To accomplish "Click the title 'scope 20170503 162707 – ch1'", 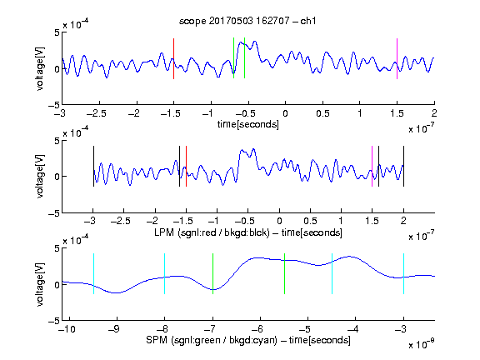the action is pos(247,21).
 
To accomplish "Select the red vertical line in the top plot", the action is pos(173,59).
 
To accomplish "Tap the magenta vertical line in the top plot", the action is pos(397,59).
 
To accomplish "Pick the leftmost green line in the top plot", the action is pos(233,57).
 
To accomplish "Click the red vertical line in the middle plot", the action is pos(186,166).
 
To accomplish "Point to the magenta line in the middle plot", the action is pos(372,166).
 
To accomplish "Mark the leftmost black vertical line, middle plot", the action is pos(93,166).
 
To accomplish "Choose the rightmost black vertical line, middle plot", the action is pos(403,166).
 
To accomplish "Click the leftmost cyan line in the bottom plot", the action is pos(93,273).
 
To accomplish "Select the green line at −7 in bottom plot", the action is pos(212,273).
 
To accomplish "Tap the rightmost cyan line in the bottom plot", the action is pos(403,273).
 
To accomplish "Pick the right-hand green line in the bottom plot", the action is pos(284,273).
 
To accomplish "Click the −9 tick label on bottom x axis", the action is pos(114,329).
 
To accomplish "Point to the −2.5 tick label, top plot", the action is pos(97,113).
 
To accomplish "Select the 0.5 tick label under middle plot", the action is pos(310,221).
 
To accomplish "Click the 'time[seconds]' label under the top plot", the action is pos(248,124).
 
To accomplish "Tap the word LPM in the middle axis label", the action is pos(164,232).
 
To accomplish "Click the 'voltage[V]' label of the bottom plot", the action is pos(40,284).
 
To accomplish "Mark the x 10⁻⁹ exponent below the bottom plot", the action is pos(421,344).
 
